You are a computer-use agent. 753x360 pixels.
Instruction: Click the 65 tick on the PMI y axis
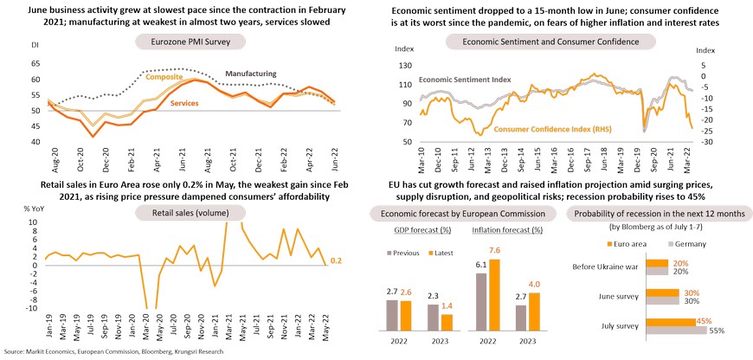click(x=35, y=63)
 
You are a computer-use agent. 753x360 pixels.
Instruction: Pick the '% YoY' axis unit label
click(x=34, y=209)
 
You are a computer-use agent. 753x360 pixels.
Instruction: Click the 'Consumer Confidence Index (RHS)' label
click(x=547, y=129)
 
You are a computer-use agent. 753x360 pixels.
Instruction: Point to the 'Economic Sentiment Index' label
click(x=464, y=80)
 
